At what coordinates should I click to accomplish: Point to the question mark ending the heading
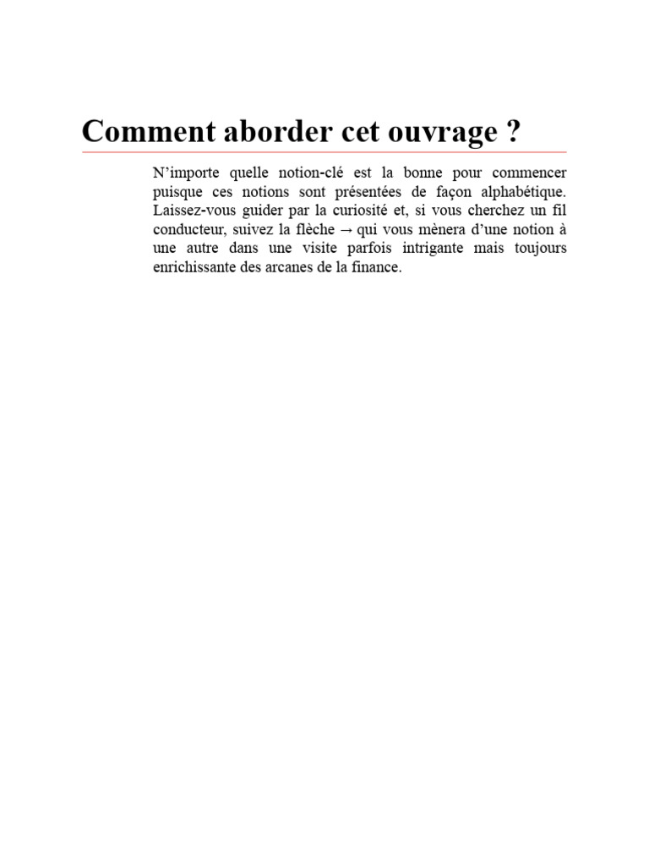pos(513,132)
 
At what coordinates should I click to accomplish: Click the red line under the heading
pos(324,152)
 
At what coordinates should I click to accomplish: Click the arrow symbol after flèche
pos(346,229)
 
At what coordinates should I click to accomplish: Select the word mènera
pos(441,229)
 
